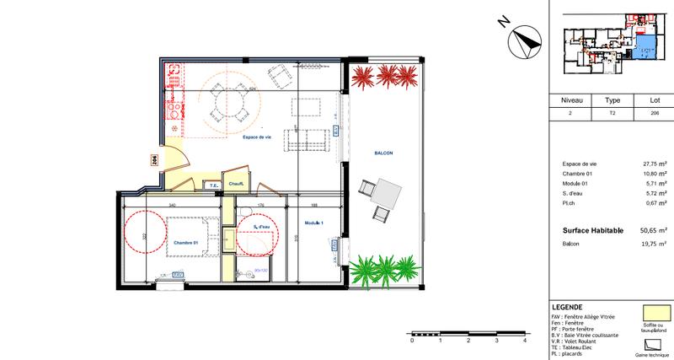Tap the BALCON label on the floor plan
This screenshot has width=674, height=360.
coord(384,153)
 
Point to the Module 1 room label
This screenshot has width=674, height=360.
coord(314,223)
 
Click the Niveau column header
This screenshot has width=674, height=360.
coord(570,98)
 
